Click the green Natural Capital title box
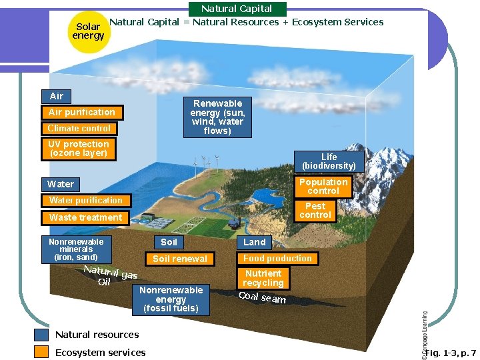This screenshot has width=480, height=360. point(237,9)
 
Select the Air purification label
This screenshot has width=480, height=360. point(81,112)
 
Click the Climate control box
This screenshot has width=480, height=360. point(79,128)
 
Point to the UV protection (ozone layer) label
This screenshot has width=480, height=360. point(79,149)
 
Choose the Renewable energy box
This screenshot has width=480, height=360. point(217,117)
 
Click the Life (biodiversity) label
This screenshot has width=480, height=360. point(329,161)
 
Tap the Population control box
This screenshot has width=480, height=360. point(323,186)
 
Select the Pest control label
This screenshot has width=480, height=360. point(315,211)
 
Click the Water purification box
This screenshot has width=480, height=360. point(85,200)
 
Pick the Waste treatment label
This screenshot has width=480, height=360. point(85,217)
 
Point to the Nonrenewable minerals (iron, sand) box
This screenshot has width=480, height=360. point(76,249)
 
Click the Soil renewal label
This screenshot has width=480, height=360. point(180,259)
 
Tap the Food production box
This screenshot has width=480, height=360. point(277,258)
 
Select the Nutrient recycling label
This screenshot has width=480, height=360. point(263,278)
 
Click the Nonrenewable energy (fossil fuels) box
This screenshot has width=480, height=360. point(171,299)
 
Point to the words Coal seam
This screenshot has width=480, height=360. point(262,297)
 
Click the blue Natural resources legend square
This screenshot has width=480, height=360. point(41,335)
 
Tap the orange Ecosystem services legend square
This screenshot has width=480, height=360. point(41,352)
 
